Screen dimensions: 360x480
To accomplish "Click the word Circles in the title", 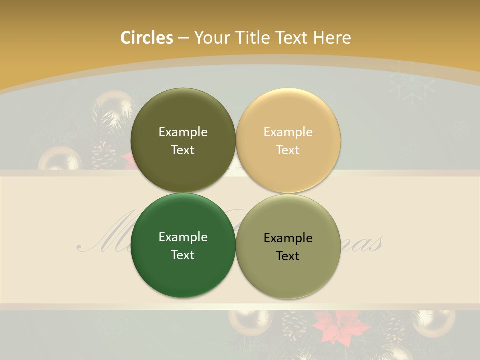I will click(x=147, y=38).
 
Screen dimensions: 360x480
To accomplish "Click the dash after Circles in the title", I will click(x=183, y=38).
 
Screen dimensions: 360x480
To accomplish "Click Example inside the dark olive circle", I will click(x=183, y=132).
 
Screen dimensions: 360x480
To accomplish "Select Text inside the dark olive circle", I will click(x=183, y=150).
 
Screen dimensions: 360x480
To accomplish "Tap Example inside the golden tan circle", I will click(x=288, y=132).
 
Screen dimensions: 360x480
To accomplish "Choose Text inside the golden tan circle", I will click(x=288, y=150).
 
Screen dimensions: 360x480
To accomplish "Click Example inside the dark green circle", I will click(x=183, y=237).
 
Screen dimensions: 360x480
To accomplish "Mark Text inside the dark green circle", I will click(x=183, y=255).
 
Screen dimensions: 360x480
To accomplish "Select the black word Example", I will click(x=288, y=238).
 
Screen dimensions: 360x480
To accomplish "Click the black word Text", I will click(x=288, y=256).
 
